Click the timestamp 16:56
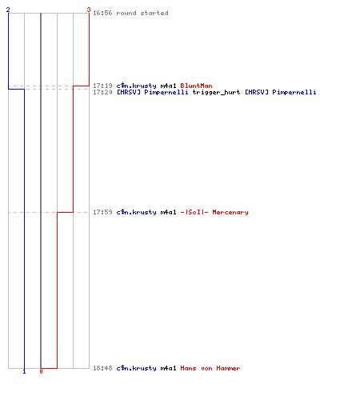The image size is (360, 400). [x=102, y=13]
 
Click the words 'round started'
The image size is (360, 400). [x=142, y=13]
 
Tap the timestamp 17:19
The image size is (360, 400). [x=102, y=86]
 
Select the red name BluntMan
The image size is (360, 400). [x=196, y=86]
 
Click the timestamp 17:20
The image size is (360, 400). [x=102, y=92]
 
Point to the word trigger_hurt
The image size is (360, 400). [x=216, y=92]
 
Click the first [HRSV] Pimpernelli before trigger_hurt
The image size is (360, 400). [x=153, y=92]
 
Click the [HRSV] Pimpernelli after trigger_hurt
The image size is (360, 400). [x=281, y=92]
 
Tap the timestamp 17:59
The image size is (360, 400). [x=102, y=212]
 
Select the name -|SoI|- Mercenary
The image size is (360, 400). [x=214, y=212]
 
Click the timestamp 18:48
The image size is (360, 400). [x=102, y=368]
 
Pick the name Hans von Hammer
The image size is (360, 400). [x=210, y=368]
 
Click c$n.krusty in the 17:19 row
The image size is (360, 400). [x=136, y=86]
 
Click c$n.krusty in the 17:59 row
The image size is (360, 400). [x=136, y=212]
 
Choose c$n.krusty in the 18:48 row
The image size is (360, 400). [x=136, y=368]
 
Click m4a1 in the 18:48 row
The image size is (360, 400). [x=168, y=368]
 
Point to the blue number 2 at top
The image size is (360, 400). [x=8, y=10]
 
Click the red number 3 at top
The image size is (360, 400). [x=89, y=10]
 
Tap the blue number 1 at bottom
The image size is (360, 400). [x=24, y=371]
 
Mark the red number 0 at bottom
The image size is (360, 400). [x=41, y=371]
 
